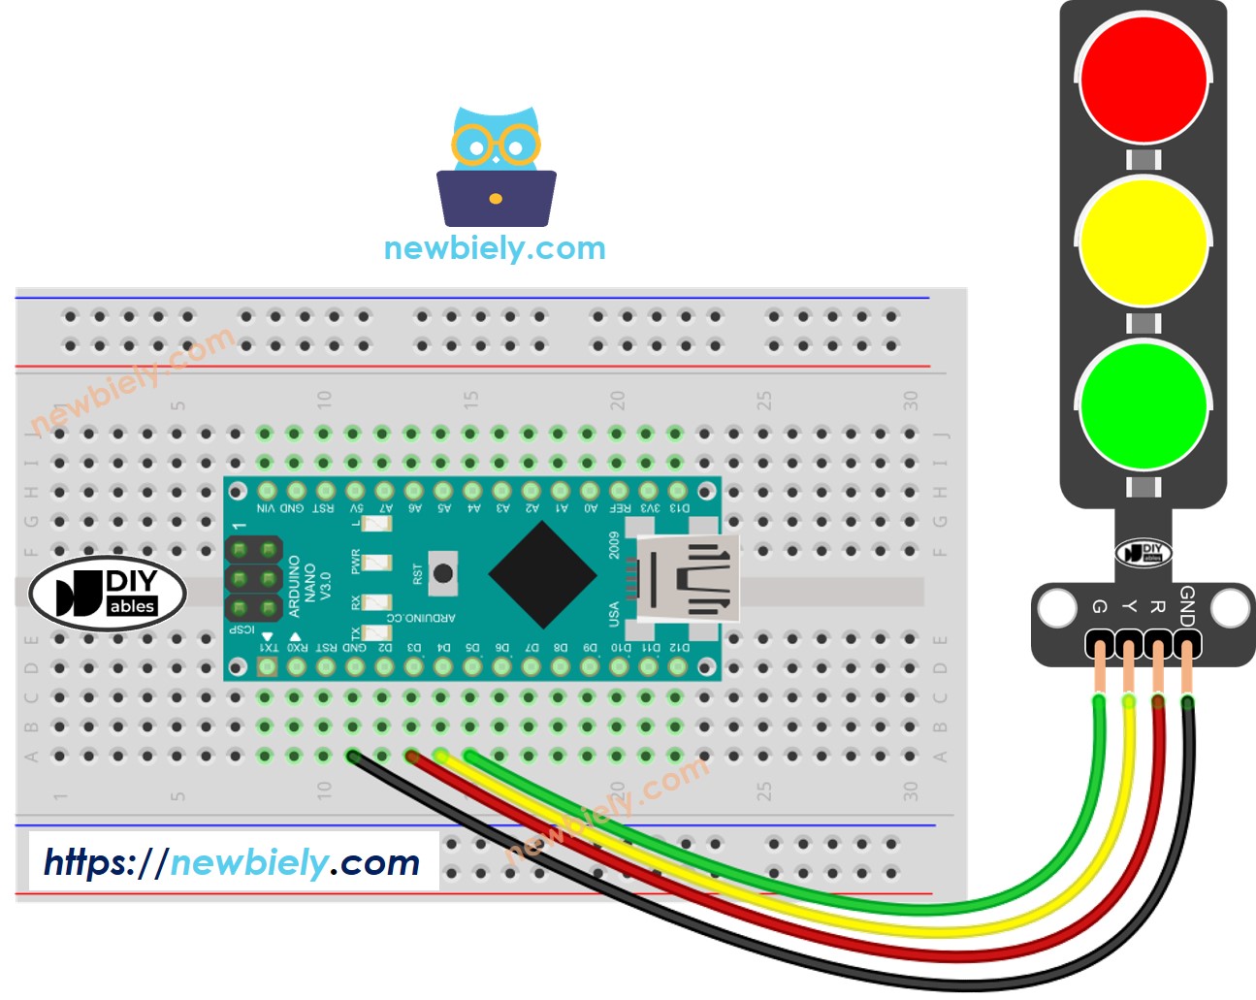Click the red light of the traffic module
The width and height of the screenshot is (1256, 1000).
(1143, 78)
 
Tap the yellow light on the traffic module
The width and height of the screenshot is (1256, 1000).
(1143, 241)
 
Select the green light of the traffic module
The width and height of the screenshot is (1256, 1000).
(1143, 404)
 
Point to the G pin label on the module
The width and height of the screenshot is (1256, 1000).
(1099, 606)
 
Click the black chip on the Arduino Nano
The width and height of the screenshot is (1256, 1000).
(542, 574)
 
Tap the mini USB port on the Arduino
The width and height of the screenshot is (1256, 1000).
(687, 579)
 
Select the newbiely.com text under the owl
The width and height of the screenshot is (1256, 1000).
(495, 248)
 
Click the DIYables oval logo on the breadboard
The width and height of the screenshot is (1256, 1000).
(108, 593)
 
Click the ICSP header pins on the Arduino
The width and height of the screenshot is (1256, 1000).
(253, 579)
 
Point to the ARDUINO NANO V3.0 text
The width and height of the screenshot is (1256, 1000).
(309, 586)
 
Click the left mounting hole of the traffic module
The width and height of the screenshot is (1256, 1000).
(1056, 609)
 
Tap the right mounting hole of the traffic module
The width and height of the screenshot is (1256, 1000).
(1230, 609)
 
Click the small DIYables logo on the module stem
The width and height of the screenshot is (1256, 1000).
(1143, 553)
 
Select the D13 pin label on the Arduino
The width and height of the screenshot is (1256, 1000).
(679, 508)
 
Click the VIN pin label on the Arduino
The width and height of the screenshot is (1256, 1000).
(266, 508)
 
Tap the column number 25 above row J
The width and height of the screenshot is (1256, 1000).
(764, 400)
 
